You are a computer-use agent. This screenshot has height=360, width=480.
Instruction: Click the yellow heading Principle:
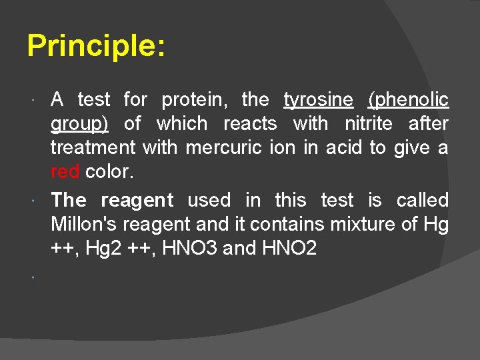click(96, 47)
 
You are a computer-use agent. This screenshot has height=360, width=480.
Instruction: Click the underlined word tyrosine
click(319, 100)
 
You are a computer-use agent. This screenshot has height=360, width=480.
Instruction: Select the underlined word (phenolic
click(408, 100)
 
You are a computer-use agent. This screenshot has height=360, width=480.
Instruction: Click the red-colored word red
click(65, 171)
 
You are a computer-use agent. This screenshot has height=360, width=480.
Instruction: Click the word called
click(423, 200)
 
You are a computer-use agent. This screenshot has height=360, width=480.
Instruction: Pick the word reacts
click(250, 124)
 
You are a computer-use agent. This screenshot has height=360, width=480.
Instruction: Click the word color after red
click(109, 171)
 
